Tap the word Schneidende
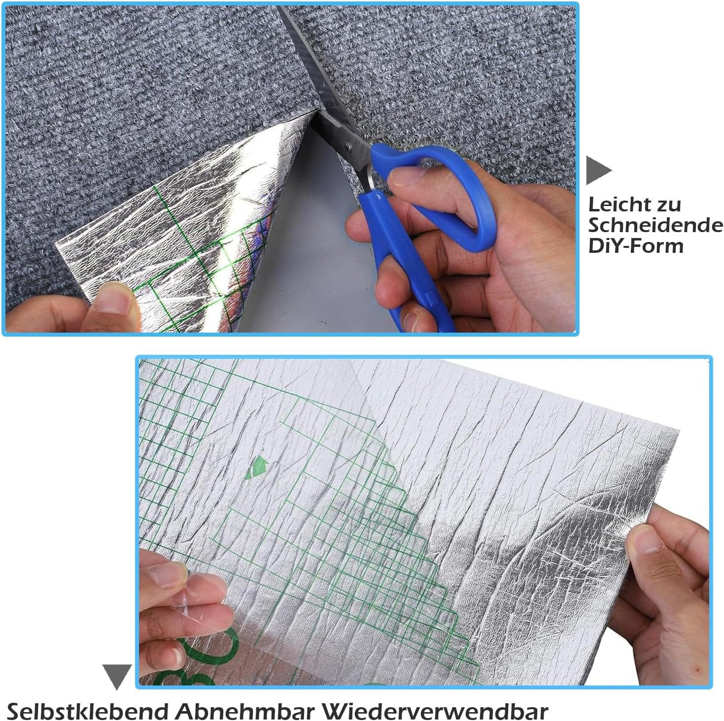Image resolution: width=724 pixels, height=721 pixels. click(655, 225)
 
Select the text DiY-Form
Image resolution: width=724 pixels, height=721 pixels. click(636, 245)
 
